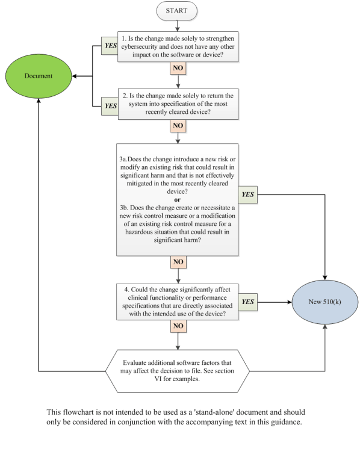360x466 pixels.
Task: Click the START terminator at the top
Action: pyautogui.click(x=176, y=11)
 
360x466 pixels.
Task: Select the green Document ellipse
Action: pyautogui.click(x=39, y=76)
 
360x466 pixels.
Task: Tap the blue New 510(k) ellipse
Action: pyautogui.click(x=325, y=302)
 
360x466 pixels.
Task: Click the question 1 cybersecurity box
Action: pyautogui.click(x=178, y=46)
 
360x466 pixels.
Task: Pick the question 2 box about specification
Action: pyautogui.click(x=178, y=104)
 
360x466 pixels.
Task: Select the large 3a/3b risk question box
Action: pyautogui.click(x=177, y=200)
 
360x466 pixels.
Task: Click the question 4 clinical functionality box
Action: pyautogui.click(x=177, y=302)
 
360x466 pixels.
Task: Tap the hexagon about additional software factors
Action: pyautogui.click(x=178, y=371)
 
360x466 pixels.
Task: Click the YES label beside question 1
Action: pyautogui.click(x=110, y=46)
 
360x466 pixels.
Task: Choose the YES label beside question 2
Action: pyautogui.click(x=110, y=106)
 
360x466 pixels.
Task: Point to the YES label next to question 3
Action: pyautogui.click(x=248, y=194)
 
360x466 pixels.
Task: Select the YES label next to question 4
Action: pyautogui.click(x=248, y=302)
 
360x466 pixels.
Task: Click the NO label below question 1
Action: pyautogui.click(x=178, y=68)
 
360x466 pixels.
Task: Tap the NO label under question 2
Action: pyautogui.click(x=178, y=126)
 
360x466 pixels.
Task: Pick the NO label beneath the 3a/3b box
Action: pyautogui.click(x=178, y=262)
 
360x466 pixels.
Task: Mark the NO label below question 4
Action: pyautogui.click(x=178, y=326)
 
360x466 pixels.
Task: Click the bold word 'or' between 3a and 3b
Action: pyautogui.click(x=177, y=200)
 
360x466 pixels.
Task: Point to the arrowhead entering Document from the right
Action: pyautogui.click(x=74, y=76)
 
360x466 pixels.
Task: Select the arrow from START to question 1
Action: pyautogui.click(x=178, y=26)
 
